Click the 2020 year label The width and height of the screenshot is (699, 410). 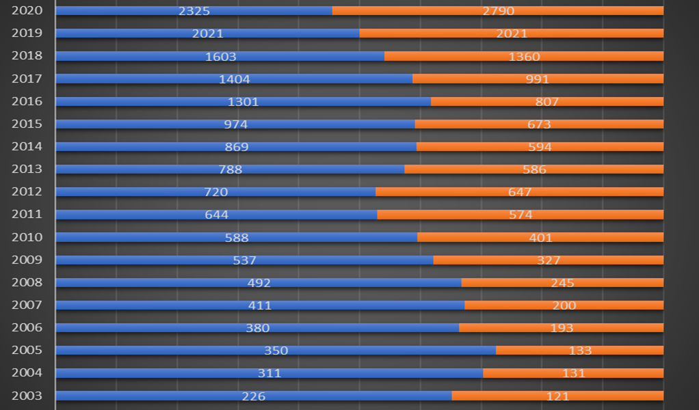(27, 11)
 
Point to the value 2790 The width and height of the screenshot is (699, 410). (497, 11)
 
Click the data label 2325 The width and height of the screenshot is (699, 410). (194, 11)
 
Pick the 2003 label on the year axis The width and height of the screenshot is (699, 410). (27, 396)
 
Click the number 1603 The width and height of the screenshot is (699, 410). (221, 56)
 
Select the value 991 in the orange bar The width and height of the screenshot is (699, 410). (538, 79)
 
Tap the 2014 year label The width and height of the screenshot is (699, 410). (27, 146)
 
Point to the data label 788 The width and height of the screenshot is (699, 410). (230, 169)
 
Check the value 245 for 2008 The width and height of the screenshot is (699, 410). (562, 282)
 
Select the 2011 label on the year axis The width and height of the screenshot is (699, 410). (27, 214)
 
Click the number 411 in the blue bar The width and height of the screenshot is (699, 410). (260, 305)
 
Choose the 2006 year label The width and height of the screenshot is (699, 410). (27, 327)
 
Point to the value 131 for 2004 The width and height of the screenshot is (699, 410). (573, 373)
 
